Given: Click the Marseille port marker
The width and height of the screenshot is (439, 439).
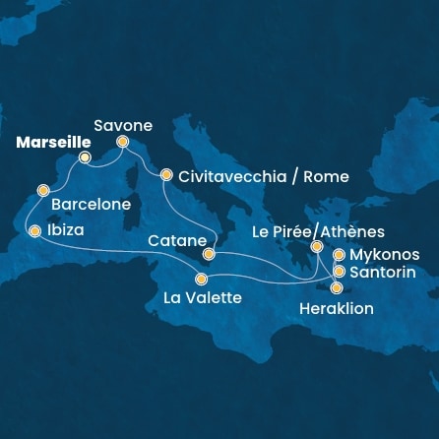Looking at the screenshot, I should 85,157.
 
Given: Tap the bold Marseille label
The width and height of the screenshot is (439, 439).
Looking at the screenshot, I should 48,142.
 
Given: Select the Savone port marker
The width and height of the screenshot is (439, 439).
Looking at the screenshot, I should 124,142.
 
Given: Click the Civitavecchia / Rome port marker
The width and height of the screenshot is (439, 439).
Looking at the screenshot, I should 165,172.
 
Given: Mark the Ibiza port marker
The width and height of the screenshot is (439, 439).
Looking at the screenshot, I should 35,231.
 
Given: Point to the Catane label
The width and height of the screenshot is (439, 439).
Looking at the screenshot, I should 176,239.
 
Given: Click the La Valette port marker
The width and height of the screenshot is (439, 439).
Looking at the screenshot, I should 201,279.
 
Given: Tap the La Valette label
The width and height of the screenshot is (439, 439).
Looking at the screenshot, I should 202,297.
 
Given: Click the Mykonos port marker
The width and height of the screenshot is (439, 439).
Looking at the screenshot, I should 339,255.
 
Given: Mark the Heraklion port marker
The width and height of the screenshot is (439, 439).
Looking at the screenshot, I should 338,288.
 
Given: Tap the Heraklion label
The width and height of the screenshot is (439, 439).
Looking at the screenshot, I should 335,308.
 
